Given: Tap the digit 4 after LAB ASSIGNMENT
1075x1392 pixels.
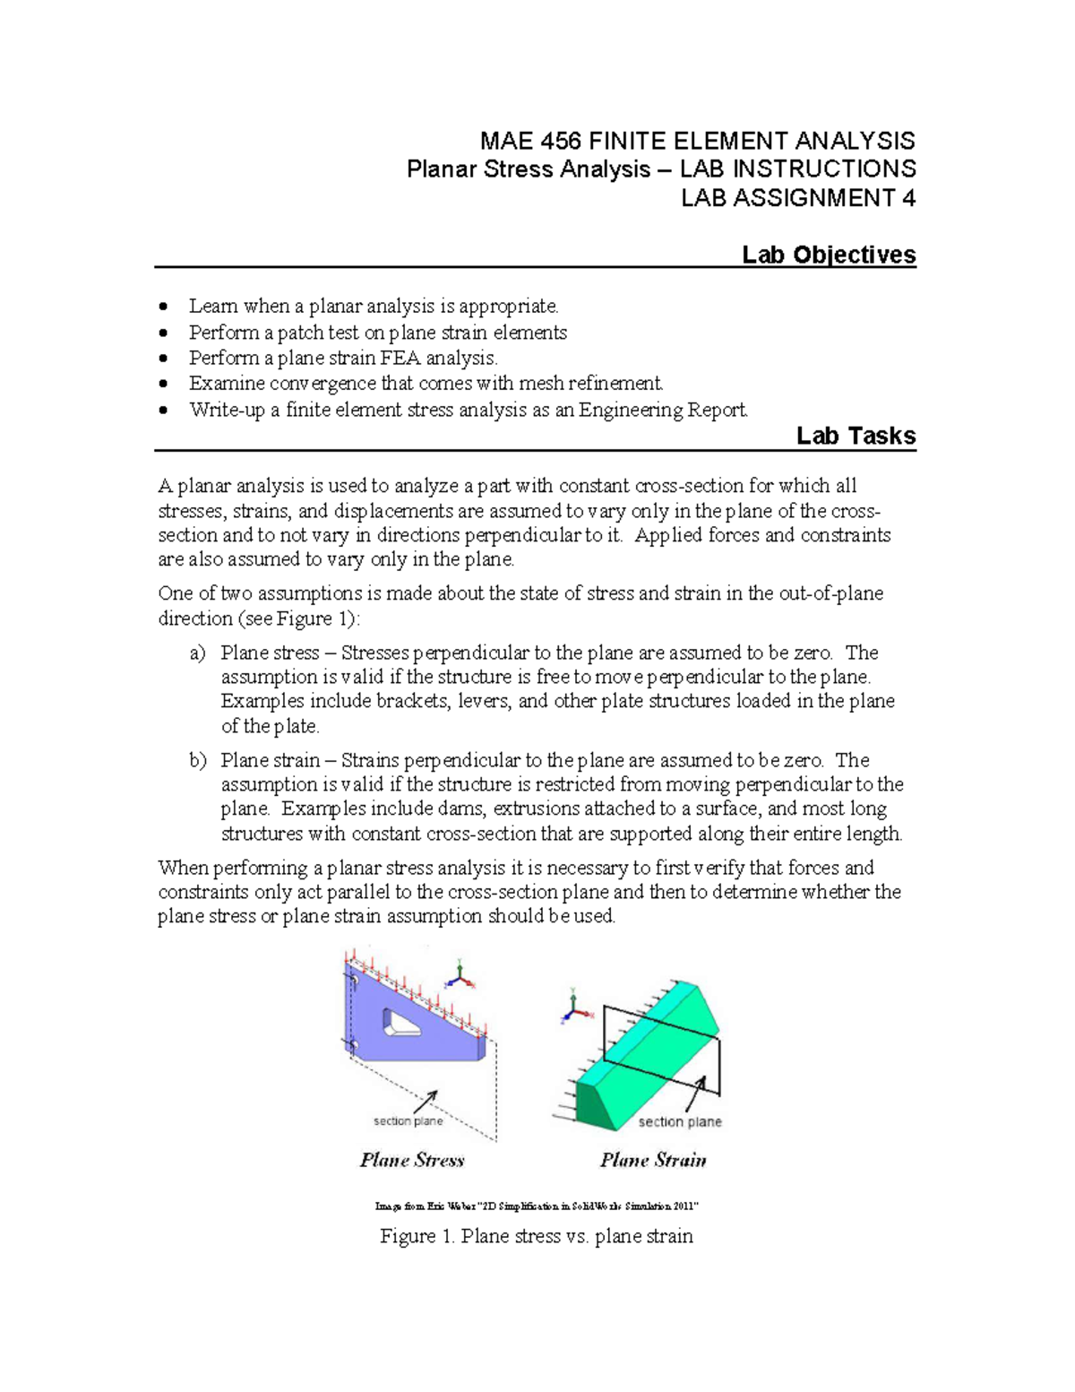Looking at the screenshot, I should point(908,198).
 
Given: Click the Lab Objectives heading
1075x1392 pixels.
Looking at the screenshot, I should point(828,255).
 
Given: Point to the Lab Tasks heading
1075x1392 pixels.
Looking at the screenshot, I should point(856,437).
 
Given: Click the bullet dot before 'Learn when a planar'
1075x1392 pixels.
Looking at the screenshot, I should point(162,307).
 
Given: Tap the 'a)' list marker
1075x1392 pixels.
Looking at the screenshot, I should point(197,653).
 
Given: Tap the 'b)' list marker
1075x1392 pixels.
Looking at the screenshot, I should point(197,760).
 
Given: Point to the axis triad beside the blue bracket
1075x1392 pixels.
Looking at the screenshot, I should point(460,975).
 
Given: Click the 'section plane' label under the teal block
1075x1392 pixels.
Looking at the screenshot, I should point(679,1121).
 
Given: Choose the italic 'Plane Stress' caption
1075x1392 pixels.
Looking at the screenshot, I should point(412,1160).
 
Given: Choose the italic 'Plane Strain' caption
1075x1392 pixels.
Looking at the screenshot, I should point(653,1160).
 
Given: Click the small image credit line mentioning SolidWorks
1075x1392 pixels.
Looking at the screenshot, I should point(537,1206).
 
